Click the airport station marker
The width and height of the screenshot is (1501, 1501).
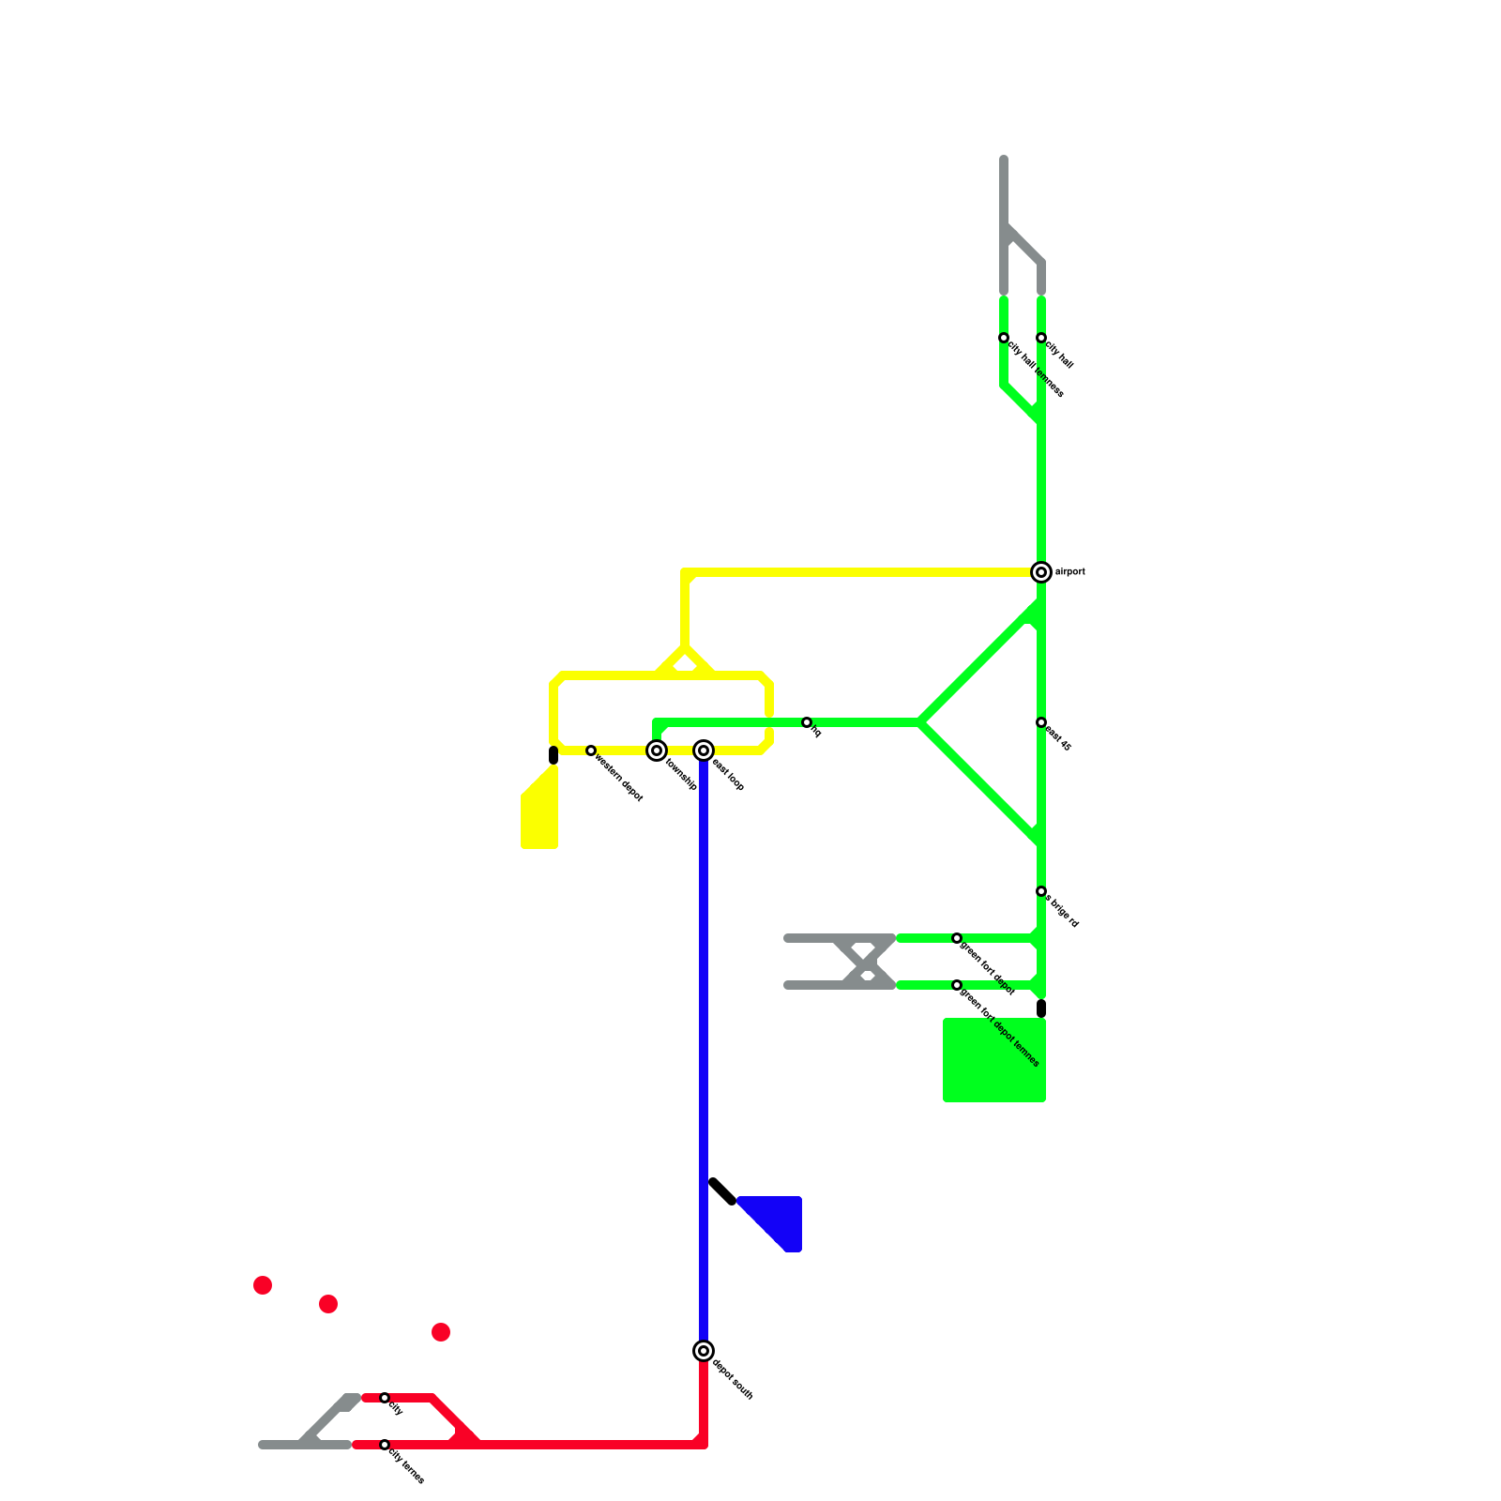coord(1041,572)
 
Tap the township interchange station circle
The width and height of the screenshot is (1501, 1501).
coord(657,750)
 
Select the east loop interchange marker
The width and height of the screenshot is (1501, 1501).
coord(704,750)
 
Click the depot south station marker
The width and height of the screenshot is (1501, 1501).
coord(704,1351)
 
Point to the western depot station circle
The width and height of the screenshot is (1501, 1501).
coord(591,750)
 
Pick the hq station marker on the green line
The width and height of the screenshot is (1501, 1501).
coord(807,722)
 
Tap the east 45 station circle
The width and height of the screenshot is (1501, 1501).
coord(1041,722)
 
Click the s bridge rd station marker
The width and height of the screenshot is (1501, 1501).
coord(1041,891)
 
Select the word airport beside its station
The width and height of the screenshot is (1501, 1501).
coord(1070,572)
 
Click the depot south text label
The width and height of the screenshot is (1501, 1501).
coord(733,1380)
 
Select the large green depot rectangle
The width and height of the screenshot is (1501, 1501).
coord(994,1060)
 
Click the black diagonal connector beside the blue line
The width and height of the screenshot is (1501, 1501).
coord(722,1191)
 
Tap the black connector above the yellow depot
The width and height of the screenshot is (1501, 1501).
coord(553,755)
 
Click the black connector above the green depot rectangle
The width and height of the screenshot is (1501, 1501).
coord(1041,1008)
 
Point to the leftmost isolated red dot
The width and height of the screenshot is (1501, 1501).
coord(263,1285)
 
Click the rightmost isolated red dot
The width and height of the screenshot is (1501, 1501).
coord(441,1332)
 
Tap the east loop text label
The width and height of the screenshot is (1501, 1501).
coord(728,775)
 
